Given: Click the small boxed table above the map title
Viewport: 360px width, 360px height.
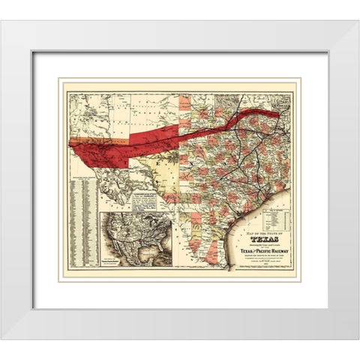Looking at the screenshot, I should tap(272, 218).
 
